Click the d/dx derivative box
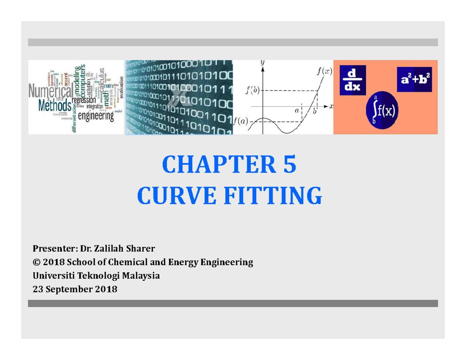(x=353, y=80)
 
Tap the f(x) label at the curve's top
(x=324, y=71)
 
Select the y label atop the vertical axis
(x=263, y=62)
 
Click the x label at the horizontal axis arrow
(x=331, y=106)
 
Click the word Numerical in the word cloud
(x=51, y=92)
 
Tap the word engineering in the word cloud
(x=96, y=115)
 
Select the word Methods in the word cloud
(x=54, y=104)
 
